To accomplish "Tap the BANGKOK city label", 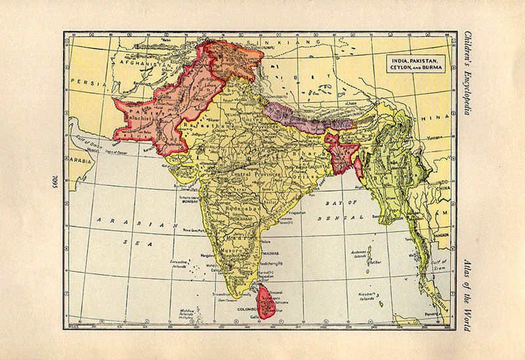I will pos(440,233).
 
